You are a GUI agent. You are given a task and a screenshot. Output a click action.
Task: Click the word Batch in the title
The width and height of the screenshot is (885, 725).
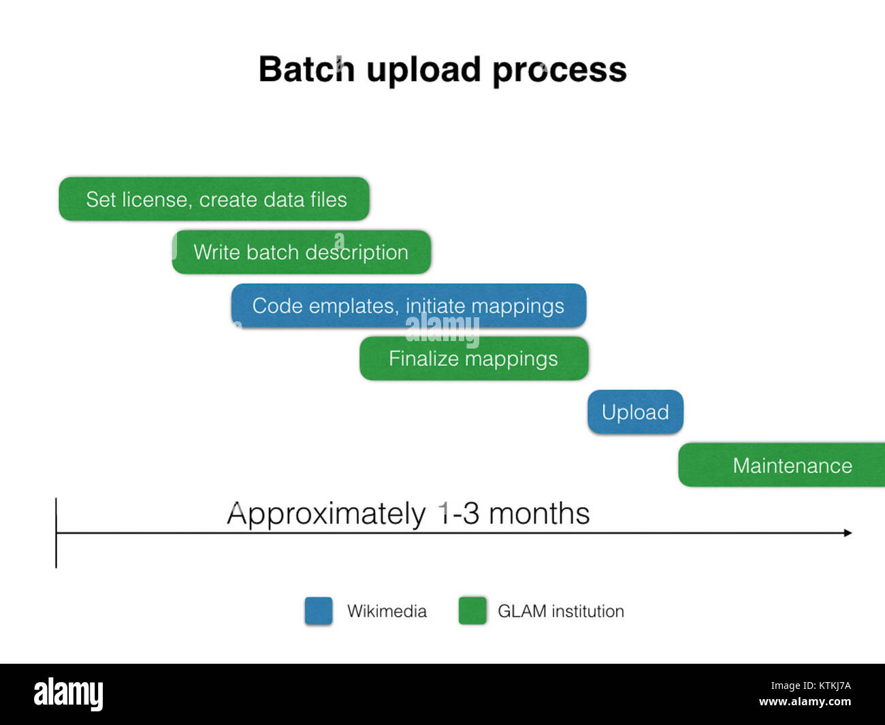pos(306,69)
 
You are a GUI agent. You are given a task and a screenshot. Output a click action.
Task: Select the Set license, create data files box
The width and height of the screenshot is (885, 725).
pos(214,199)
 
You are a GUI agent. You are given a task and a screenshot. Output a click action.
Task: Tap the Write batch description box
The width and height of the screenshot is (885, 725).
pos(301,252)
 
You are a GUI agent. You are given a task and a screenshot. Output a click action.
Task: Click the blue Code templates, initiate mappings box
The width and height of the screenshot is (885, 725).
pos(408,306)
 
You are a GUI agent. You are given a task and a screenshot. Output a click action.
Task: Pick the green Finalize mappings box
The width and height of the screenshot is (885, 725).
pos(473,358)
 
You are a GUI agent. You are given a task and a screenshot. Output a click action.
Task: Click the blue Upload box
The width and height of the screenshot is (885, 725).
pos(635,412)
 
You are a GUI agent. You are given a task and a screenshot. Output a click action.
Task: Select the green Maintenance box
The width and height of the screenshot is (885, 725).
pos(783,465)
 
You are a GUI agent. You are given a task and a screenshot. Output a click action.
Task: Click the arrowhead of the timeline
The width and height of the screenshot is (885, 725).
pos(848,532)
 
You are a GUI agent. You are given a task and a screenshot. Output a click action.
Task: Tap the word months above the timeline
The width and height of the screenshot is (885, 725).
pos(539,513)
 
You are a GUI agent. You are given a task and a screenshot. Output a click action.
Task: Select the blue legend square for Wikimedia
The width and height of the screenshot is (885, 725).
pos(319,611)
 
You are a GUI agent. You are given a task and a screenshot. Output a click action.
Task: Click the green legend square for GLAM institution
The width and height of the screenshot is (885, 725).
pos(472,611)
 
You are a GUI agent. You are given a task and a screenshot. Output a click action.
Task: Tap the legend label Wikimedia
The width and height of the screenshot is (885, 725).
pos(387,611)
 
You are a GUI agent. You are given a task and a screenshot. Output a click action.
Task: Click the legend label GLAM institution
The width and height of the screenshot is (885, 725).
pos(560,611)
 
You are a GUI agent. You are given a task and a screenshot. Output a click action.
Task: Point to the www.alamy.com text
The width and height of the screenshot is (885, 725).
pos(805,702)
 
